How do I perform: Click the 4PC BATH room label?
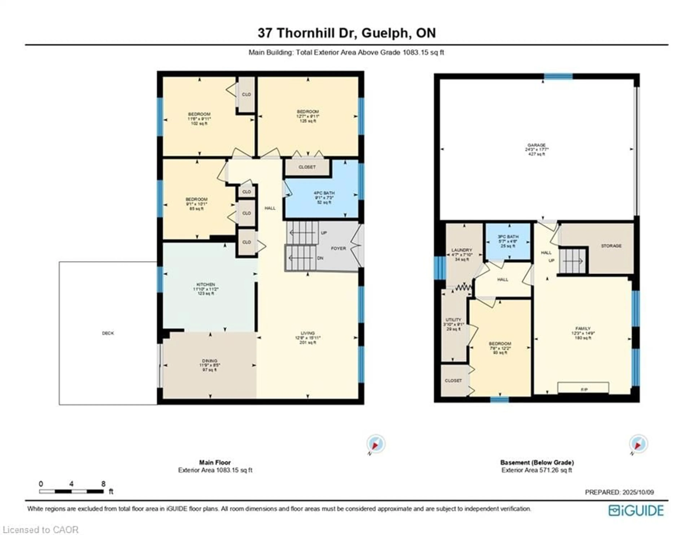coord(324,193)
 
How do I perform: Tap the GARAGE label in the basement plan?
coord(536,145)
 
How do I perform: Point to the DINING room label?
coord(209,361)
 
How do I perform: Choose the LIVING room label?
coord(308,333)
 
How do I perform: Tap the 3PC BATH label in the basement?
coord(508,237)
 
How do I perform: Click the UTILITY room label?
coord(453,320)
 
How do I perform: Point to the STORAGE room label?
coord(611,246)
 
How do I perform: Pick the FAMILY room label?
coord(583,329)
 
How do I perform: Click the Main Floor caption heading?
coord(215,462)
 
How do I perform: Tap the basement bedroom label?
coord(500,344)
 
